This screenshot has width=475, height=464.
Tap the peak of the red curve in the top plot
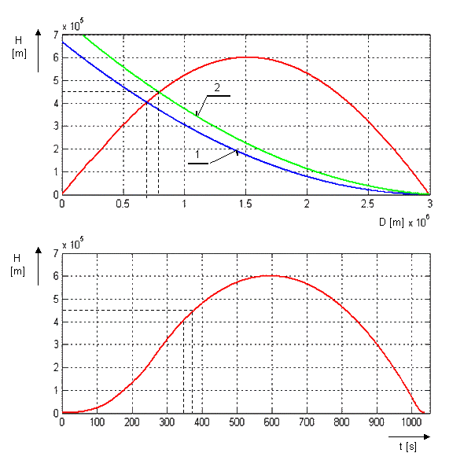(x=246, y=57)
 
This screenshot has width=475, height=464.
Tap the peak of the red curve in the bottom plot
(x=271, y=275)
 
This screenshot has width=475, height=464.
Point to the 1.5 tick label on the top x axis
(x=245, y=204)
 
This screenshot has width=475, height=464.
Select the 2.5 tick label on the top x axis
(x=368, y=204)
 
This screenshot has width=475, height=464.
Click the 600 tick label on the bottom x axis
(x=271, y=422)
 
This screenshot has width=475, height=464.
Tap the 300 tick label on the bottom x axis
(x=167, y=422)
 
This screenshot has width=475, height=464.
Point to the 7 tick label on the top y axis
(x=56, y=35)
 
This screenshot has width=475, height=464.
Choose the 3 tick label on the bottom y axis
(x=56, y=344)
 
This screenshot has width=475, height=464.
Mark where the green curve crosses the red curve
(x=158, y=91)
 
